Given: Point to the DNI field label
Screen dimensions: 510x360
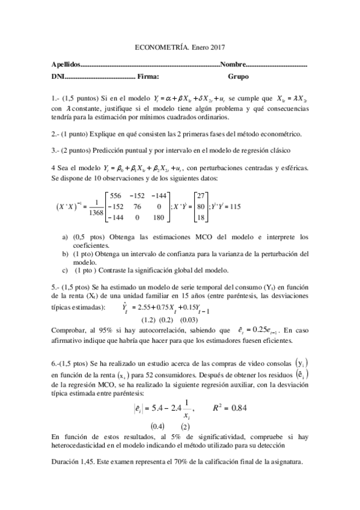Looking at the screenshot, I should (x=57, y=77).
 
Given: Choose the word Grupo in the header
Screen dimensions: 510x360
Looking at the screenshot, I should (x=238, y=77).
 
